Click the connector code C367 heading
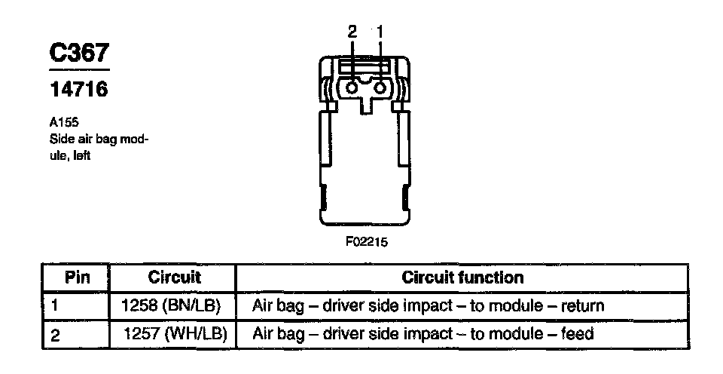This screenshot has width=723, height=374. (79, 54)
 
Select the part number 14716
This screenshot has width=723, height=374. (78, 90)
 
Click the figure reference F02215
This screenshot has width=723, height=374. (366, 243)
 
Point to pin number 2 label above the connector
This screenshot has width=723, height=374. (352, 32)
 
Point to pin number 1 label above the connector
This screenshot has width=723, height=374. (380, 32)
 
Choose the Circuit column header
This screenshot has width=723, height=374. (174, 277)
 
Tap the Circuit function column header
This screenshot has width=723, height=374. (462, 277)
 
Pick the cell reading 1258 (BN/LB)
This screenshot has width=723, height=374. (172, 305)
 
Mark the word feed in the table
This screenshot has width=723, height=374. (577, 333)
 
